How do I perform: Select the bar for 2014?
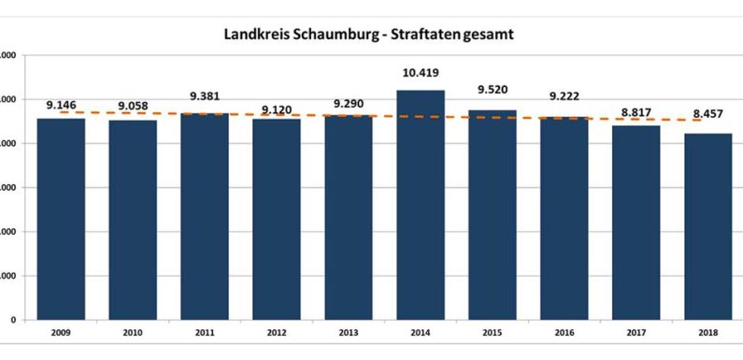(420, 205)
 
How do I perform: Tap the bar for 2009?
(61, 219)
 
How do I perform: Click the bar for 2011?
(205, 216)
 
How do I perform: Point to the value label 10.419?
(420, 73)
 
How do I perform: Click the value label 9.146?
(61, 105)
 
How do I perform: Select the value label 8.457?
(707, 115)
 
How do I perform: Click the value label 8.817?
(636, 112)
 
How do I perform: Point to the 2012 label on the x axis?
(276, 332)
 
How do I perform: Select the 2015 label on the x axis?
(493, 332)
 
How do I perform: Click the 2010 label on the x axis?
(133, 332)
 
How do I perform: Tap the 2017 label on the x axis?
(636, 332)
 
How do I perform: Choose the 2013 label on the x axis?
(348, 332)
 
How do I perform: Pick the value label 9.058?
(133, 107)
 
